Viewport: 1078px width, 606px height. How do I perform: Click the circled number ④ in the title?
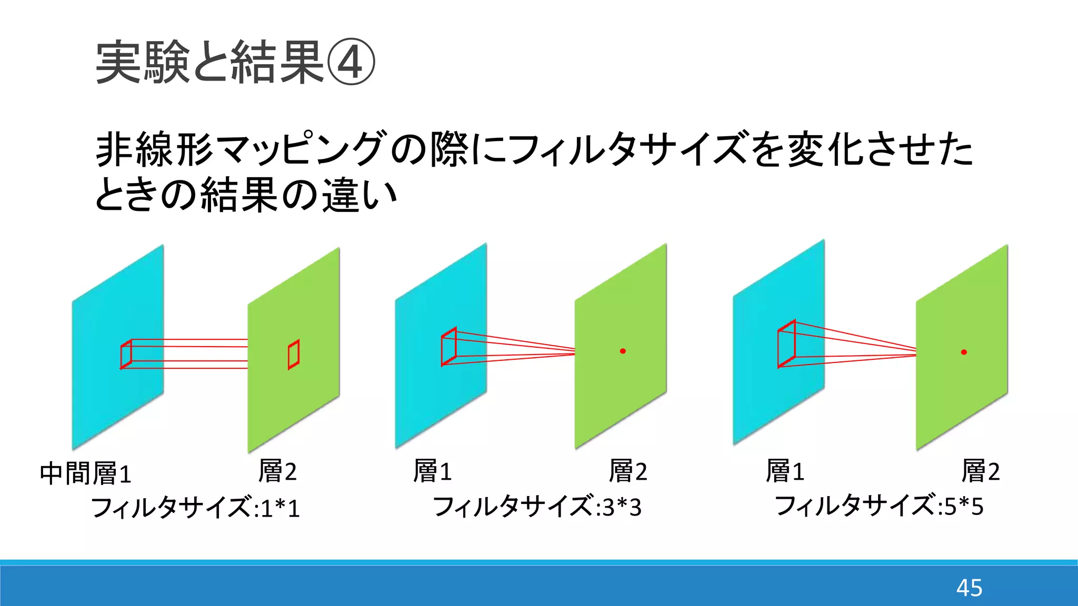[351, 63]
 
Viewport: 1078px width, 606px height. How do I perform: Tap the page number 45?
[969, 588]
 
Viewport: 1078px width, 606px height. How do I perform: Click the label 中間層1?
[85, 473]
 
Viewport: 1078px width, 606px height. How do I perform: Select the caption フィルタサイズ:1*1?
[195, 508]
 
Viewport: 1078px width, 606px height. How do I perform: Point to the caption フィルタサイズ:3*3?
[537, 507]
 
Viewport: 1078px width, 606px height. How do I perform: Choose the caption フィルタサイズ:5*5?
[879, 506]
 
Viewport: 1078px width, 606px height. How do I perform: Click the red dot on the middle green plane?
[623, 351]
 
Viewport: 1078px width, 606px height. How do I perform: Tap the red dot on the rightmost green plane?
[964, 352]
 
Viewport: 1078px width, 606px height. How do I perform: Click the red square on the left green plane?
[294, 355]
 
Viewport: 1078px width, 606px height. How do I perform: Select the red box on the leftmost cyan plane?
[126, 354]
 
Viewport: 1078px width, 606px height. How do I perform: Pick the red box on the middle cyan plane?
[448, 346]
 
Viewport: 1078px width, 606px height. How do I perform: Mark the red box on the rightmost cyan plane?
[786, 344]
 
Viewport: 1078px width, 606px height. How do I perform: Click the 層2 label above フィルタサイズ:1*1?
[277, 471]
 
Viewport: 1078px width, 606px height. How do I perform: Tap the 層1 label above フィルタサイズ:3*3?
[432, 471]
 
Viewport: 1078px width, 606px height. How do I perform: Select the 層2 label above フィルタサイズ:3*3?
[628, 471]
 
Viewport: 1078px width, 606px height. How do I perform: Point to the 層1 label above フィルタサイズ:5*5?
[785, 471]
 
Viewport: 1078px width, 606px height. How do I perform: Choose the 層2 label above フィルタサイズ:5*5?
[981, 471]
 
